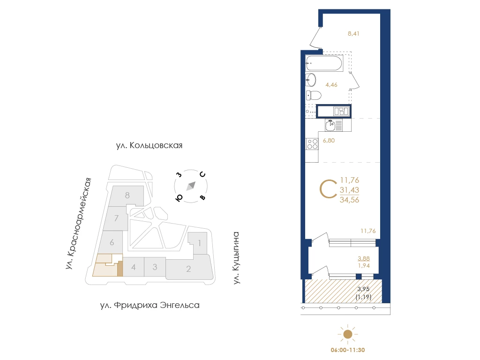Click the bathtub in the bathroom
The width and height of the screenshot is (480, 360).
pos(324,63)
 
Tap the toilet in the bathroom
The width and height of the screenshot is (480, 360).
pos(313,96)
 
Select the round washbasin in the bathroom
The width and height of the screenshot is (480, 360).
pos(311,80)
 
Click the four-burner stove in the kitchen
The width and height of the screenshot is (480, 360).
pos(312,144)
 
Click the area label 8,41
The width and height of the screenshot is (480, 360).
pos(353,34)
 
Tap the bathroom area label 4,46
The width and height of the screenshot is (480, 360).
pos(331,85)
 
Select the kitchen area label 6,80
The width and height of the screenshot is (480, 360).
pos(329,141)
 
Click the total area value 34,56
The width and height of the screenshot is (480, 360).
pos(349,200)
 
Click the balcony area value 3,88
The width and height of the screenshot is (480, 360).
pos(364,259)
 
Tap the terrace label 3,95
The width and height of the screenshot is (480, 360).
pos(363,289)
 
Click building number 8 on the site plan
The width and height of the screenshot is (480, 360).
pos(127,195)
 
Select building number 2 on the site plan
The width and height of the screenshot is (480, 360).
pos(188,269)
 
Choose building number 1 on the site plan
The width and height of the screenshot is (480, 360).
pos(200,243)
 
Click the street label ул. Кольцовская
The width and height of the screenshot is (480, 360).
pos(149,145)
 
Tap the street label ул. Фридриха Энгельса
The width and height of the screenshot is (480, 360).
pos(150,305)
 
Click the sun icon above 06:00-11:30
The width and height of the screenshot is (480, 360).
pos(348,334)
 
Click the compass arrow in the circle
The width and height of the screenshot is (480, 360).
pos(191,186)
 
